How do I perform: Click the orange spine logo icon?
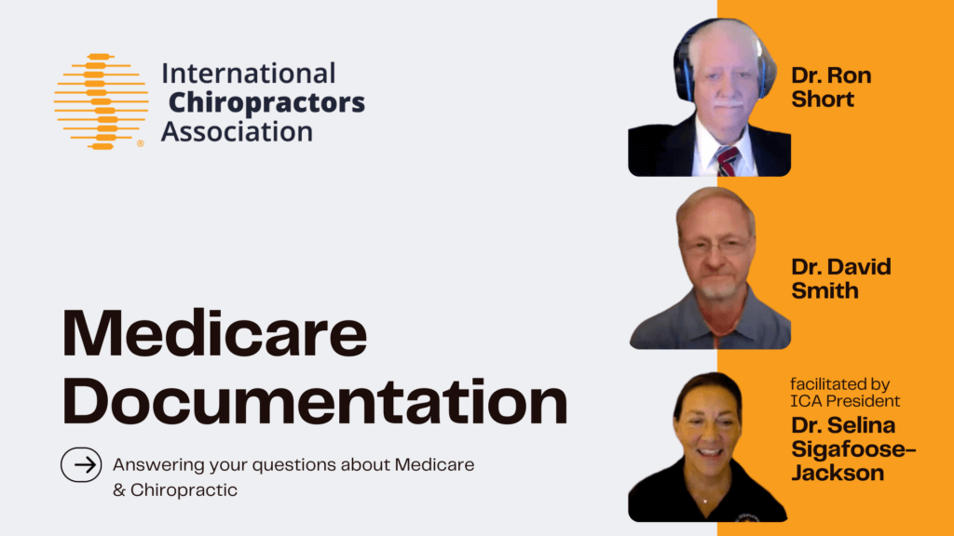pos(101,101)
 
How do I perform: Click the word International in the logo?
pos(249,73)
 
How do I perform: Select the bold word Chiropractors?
pos(267,101)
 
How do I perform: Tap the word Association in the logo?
pos(237,130)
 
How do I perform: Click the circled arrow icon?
pos(81,465)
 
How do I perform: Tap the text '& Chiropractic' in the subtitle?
pos(175,489)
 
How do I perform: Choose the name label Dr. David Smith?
pos(841,278)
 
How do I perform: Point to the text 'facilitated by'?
pos(840,383)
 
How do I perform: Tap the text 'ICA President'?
pos(845,401)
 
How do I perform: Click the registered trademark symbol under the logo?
pos(141,144)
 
